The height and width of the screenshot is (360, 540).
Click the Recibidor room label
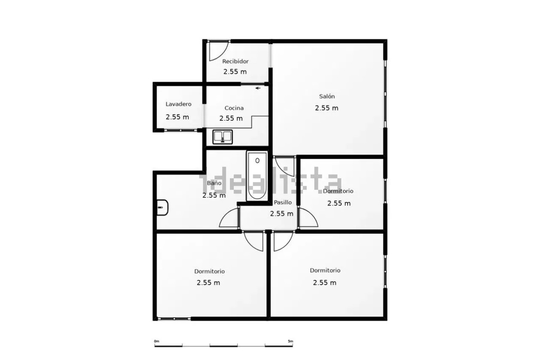coord(235,62)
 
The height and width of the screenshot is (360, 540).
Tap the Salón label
coord(327,96)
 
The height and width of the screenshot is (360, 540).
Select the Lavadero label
coord(178,104)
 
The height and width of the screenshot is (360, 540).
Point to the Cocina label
coord(234,108)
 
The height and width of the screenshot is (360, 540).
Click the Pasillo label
coord(283,202)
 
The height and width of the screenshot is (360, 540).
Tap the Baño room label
coord(214,183)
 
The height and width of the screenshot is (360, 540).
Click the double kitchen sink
coord(222,137)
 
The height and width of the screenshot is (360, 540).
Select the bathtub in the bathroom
coord(257,176)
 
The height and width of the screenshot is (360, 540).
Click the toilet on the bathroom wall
coord(162,208)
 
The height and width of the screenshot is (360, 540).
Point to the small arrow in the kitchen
coord(258,88)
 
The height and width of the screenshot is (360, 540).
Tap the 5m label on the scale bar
coord(291,341)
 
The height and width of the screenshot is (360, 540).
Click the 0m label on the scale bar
coord(157,341)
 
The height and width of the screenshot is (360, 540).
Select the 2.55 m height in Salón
coord(327,108)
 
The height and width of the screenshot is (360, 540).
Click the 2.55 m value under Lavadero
coord(177,117)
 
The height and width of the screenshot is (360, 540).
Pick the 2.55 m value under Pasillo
coord(281,214)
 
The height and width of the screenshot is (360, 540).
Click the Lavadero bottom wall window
coord(181,130)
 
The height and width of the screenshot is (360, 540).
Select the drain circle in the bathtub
coord(257,161)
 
